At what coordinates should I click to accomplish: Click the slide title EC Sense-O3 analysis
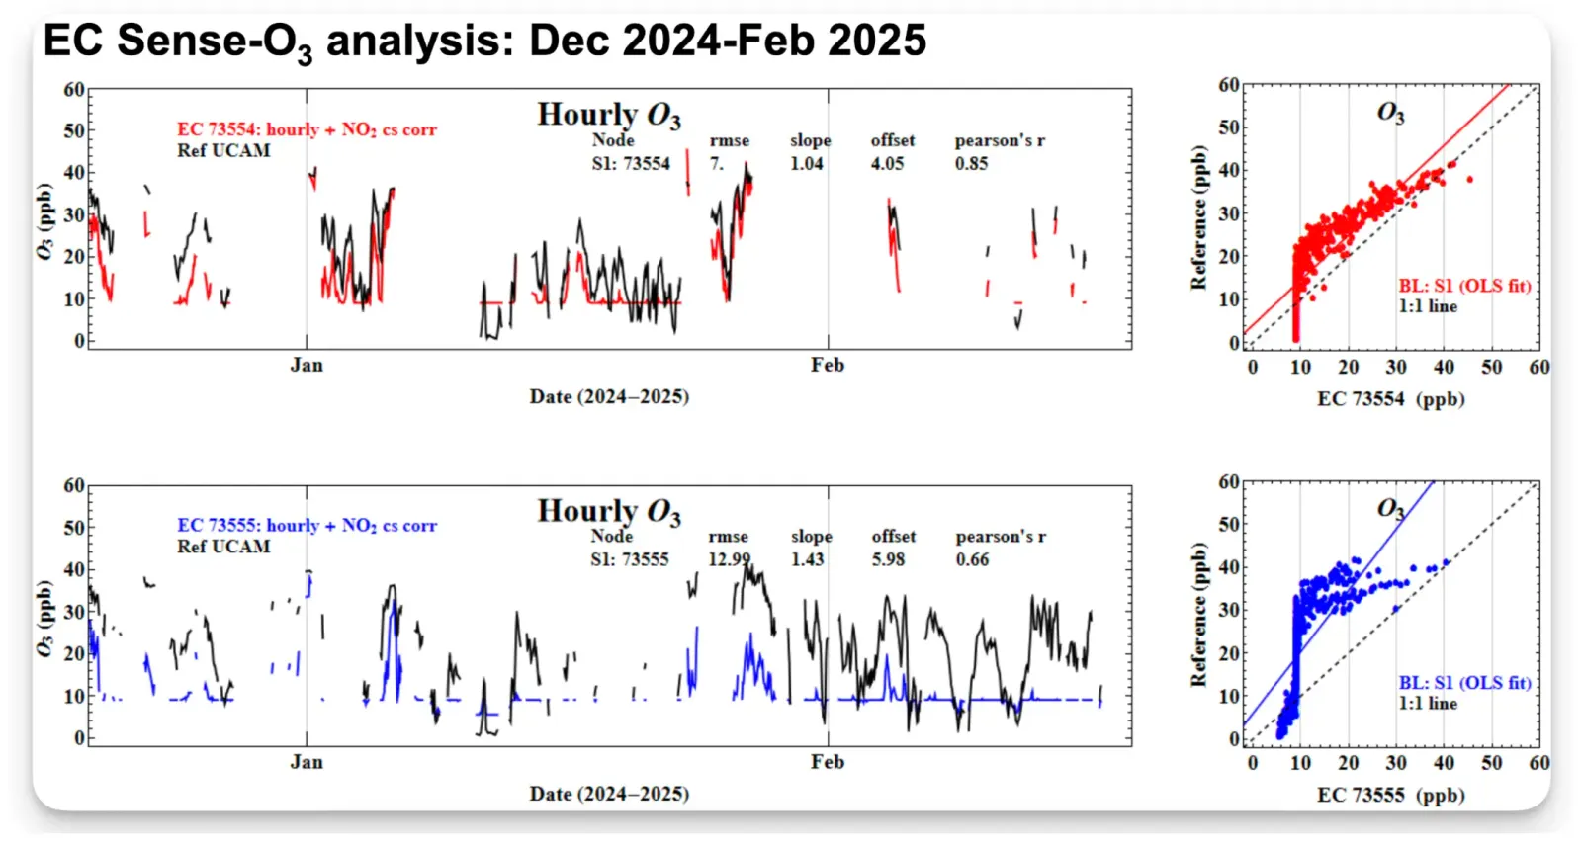tap(484, 42)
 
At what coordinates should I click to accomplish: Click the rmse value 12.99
tap(729, 559)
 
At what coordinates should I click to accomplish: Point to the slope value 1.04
tap(806, 163)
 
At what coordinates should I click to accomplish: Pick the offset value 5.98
tap(888, 559)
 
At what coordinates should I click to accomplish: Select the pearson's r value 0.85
tap(971, 163)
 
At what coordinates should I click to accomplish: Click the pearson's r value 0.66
tap(972, 559)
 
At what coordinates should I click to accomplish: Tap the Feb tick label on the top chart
tap(828, 365)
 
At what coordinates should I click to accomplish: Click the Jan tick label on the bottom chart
tap(307, 762)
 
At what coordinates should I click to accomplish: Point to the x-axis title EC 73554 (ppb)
tap(1390, 399)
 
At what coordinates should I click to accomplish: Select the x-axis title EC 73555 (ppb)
tap(1390, 795)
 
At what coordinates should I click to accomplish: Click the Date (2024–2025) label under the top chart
tap(609, 396)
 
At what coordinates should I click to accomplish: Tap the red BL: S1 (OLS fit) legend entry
tap(1464, 286)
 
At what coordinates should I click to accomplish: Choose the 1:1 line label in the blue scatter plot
tap(1428, 703)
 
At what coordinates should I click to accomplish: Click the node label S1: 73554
tap(631, 163)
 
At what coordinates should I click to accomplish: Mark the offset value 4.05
tap(887, 163)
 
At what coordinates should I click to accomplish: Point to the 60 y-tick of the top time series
tap(74, 90)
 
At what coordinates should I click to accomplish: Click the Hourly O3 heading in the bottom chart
tap(609, 511)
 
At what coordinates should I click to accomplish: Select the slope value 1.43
tap(807, 559)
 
